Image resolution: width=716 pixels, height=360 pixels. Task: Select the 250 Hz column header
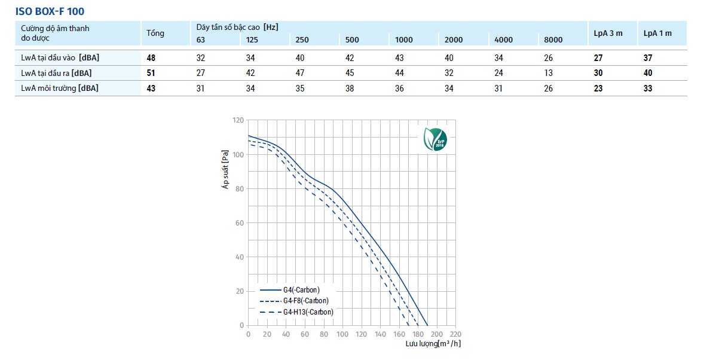click(302, 40)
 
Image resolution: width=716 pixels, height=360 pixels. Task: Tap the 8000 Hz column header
click(553, 40)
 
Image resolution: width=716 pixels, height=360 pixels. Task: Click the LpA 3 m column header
click(608, 33)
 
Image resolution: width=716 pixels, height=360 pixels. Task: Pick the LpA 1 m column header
click(657, 33)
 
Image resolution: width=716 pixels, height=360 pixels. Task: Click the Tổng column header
click(155, 33)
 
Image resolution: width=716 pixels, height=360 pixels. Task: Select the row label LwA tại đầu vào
click(60, 58)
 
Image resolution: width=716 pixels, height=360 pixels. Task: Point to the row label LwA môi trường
click(60, 88)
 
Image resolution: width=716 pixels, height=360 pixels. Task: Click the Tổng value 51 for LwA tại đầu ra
click(151, 73)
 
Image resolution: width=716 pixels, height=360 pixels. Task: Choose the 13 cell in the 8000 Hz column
click(549, 73)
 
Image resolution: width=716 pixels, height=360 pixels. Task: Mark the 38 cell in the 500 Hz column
click(350, 88)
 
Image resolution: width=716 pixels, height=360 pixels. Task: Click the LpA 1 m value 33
click(648, 88)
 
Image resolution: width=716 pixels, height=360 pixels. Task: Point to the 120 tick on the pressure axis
click(238, 120)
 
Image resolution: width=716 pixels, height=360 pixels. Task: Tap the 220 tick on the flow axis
click(455, 334)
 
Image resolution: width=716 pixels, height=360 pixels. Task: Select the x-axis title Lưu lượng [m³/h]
click(433, 344)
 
